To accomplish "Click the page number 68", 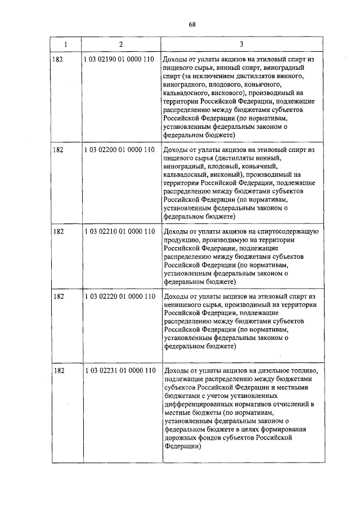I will (192, 24).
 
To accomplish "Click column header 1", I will (66, 44).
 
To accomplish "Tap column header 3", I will (241, 44).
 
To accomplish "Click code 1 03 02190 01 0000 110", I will (119, 60).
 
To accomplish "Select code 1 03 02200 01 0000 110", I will (119, 150).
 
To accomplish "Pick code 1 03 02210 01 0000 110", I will (119, 232).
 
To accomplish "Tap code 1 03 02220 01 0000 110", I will (119, 297).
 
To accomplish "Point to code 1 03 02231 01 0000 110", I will (119, 371).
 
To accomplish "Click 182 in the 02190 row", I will (58, 60).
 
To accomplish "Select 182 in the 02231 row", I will (58, 371).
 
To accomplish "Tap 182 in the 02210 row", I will (58, 232).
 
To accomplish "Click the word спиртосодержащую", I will (289, 232).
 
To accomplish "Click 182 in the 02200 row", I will (58, 150).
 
